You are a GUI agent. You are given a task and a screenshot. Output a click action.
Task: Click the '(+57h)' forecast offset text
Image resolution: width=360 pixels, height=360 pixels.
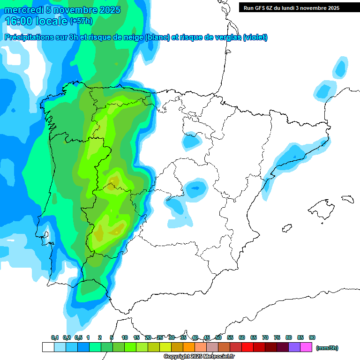(x=81, y=21)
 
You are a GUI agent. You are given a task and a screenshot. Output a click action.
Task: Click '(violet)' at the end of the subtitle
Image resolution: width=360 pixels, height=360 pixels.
(x=255, y=37)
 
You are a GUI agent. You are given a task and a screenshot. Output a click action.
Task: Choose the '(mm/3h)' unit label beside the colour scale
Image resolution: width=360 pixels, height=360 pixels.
(x=327, y=348)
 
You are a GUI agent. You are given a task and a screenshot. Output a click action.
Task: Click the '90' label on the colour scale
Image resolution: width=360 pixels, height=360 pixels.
(x=312, y=337)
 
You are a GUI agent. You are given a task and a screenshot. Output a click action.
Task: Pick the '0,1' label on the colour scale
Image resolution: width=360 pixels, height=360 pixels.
(x=55, y=337)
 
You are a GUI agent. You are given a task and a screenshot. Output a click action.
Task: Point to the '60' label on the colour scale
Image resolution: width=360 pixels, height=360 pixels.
(x=242, y=337)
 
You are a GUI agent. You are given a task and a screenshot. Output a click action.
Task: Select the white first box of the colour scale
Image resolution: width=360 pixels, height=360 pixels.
(x=48, y=347)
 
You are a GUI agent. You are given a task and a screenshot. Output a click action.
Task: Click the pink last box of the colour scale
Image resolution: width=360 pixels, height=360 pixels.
(x=306, y=347)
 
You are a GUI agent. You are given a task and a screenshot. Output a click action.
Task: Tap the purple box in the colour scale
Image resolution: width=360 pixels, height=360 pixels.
(x=294, y=347)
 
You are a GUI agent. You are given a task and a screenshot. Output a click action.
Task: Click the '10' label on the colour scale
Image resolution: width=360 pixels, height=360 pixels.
(x=125, y=337)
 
